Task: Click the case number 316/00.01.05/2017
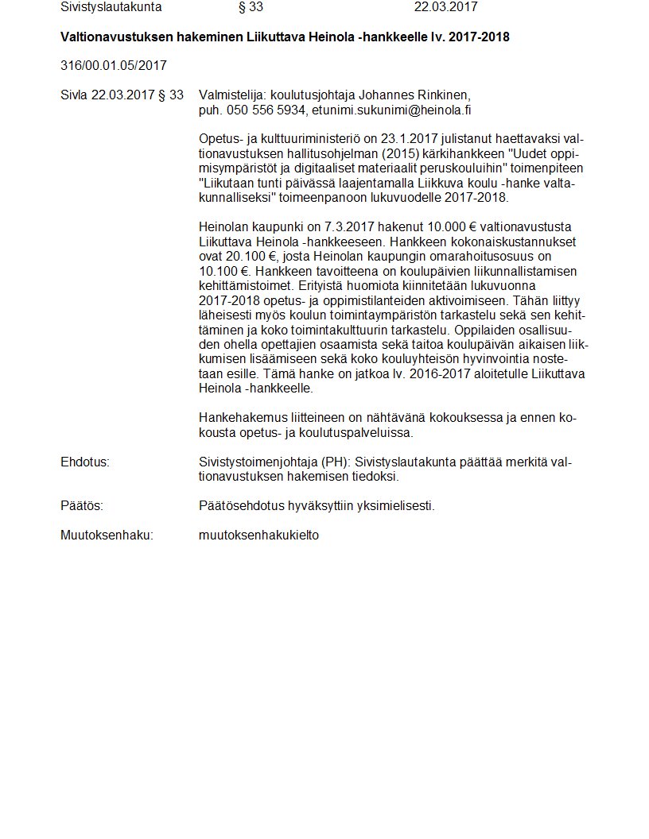113,65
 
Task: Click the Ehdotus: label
85,462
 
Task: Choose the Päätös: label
82,505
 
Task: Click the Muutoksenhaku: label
107,535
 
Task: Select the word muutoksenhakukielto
258,535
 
